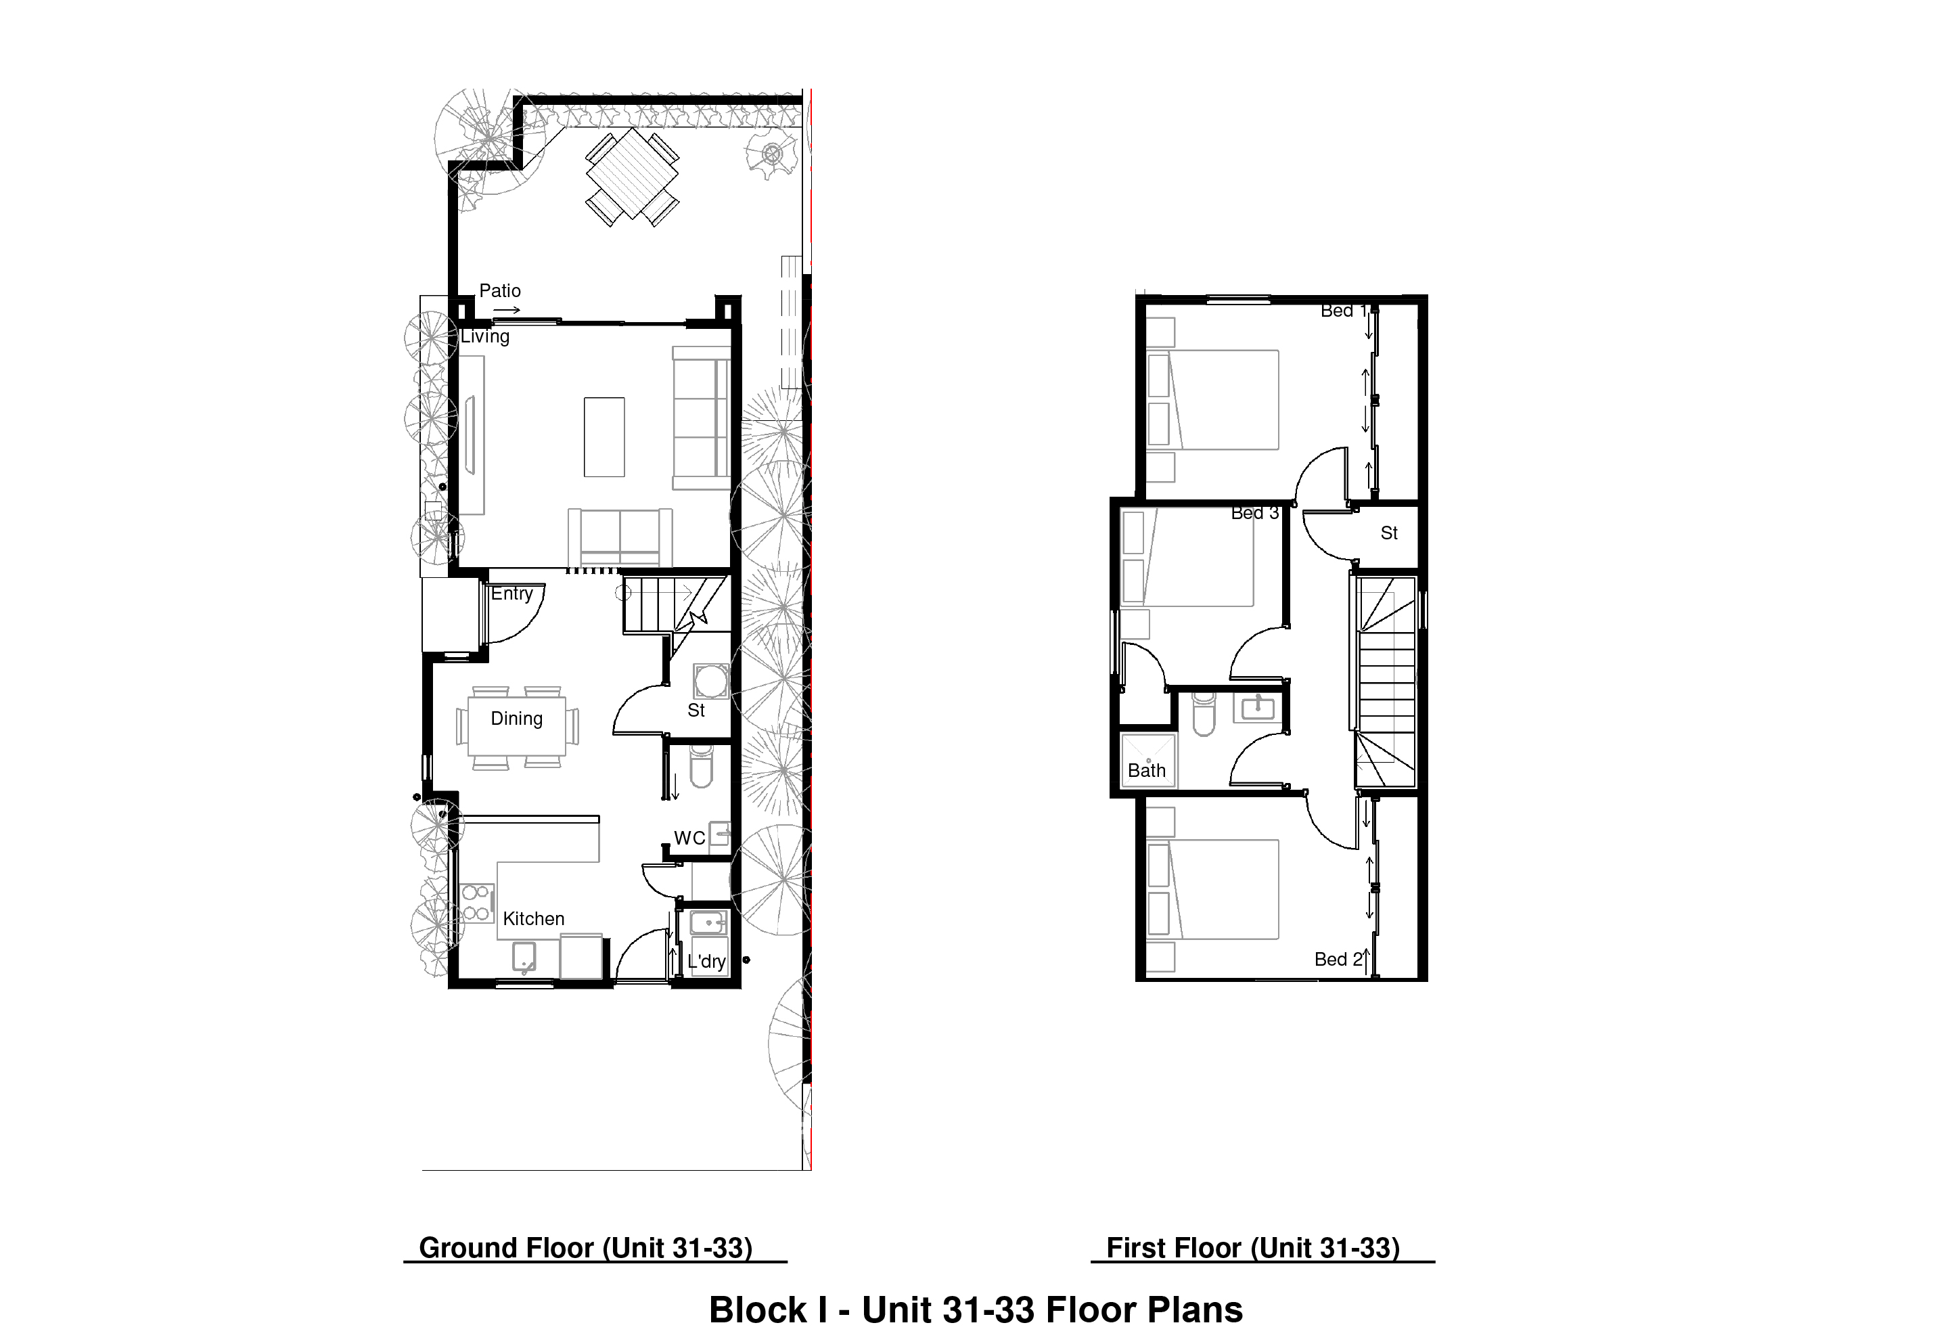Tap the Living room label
coord(484,337)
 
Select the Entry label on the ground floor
coord(511,594)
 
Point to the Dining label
coord(516,719)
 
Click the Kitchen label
coord(533,918)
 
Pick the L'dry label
coord(706,962)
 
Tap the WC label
coord(689,838)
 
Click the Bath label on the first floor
coord(1147,771)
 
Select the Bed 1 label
coord(1344,311)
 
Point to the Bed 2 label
coord(1338,960)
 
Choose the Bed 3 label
coord(1254,513)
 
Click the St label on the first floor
coord(1389,533)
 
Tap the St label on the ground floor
coord(696,711)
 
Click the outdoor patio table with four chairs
coord(633,177)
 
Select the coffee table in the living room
coord(604,437)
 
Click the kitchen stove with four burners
coord(476,903)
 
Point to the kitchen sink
coord(524,957)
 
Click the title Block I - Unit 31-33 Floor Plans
coord(976,1310)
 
